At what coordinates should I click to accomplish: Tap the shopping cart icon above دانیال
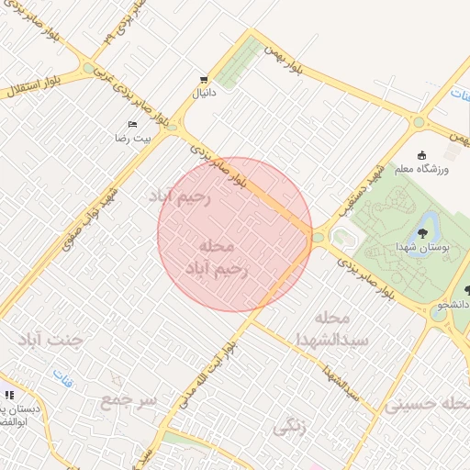[x=203, y=80]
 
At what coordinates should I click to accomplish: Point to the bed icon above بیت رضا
[x=133, y=124]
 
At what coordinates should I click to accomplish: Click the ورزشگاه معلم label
[x=447, y=171]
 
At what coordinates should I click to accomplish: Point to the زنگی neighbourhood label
[x=289, y=427]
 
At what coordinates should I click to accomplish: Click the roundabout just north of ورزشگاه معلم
[x=420, y=122]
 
